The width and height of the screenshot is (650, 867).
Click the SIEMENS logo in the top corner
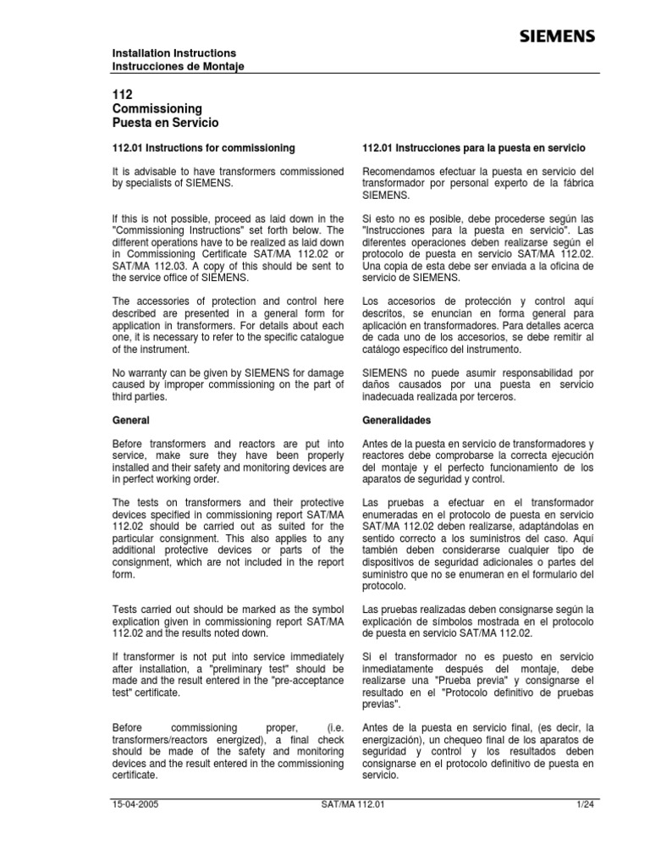(x=556, y=36)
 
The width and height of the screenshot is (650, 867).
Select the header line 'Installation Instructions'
(x=174, y=53)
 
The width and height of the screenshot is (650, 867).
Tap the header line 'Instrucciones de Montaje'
(x=179, y=67)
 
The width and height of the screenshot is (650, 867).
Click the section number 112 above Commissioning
(x=123, y=95)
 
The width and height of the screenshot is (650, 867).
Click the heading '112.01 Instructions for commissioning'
(x=204, y=147)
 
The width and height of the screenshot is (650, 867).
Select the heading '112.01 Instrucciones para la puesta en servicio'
(x=474, y=147)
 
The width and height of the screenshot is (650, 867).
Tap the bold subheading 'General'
(x=131, y=420)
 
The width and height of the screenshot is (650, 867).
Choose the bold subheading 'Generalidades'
(x=396, y=420)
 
